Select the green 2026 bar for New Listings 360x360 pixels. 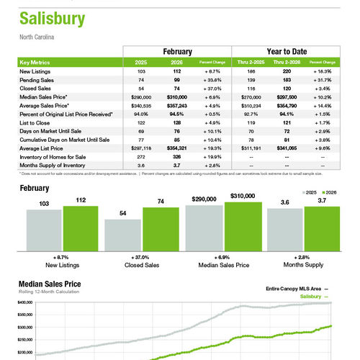coord(80,226)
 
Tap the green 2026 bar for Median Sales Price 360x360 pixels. coord(243,224)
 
